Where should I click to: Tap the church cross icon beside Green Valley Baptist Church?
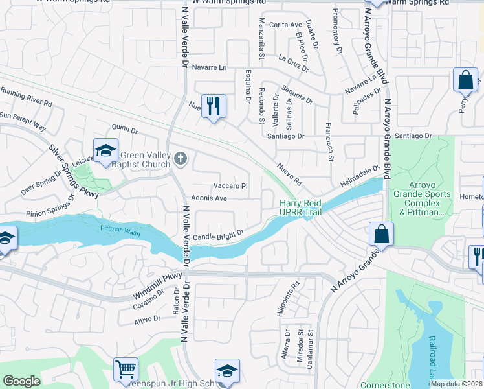(x=181, y=158)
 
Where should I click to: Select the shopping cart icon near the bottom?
(x=126, y=370)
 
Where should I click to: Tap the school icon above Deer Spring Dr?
(x=105, y=151)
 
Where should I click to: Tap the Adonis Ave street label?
(x=208, y=198)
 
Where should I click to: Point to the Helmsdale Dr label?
(x=359, y=176)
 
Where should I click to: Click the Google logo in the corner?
(x=22, y=381)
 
